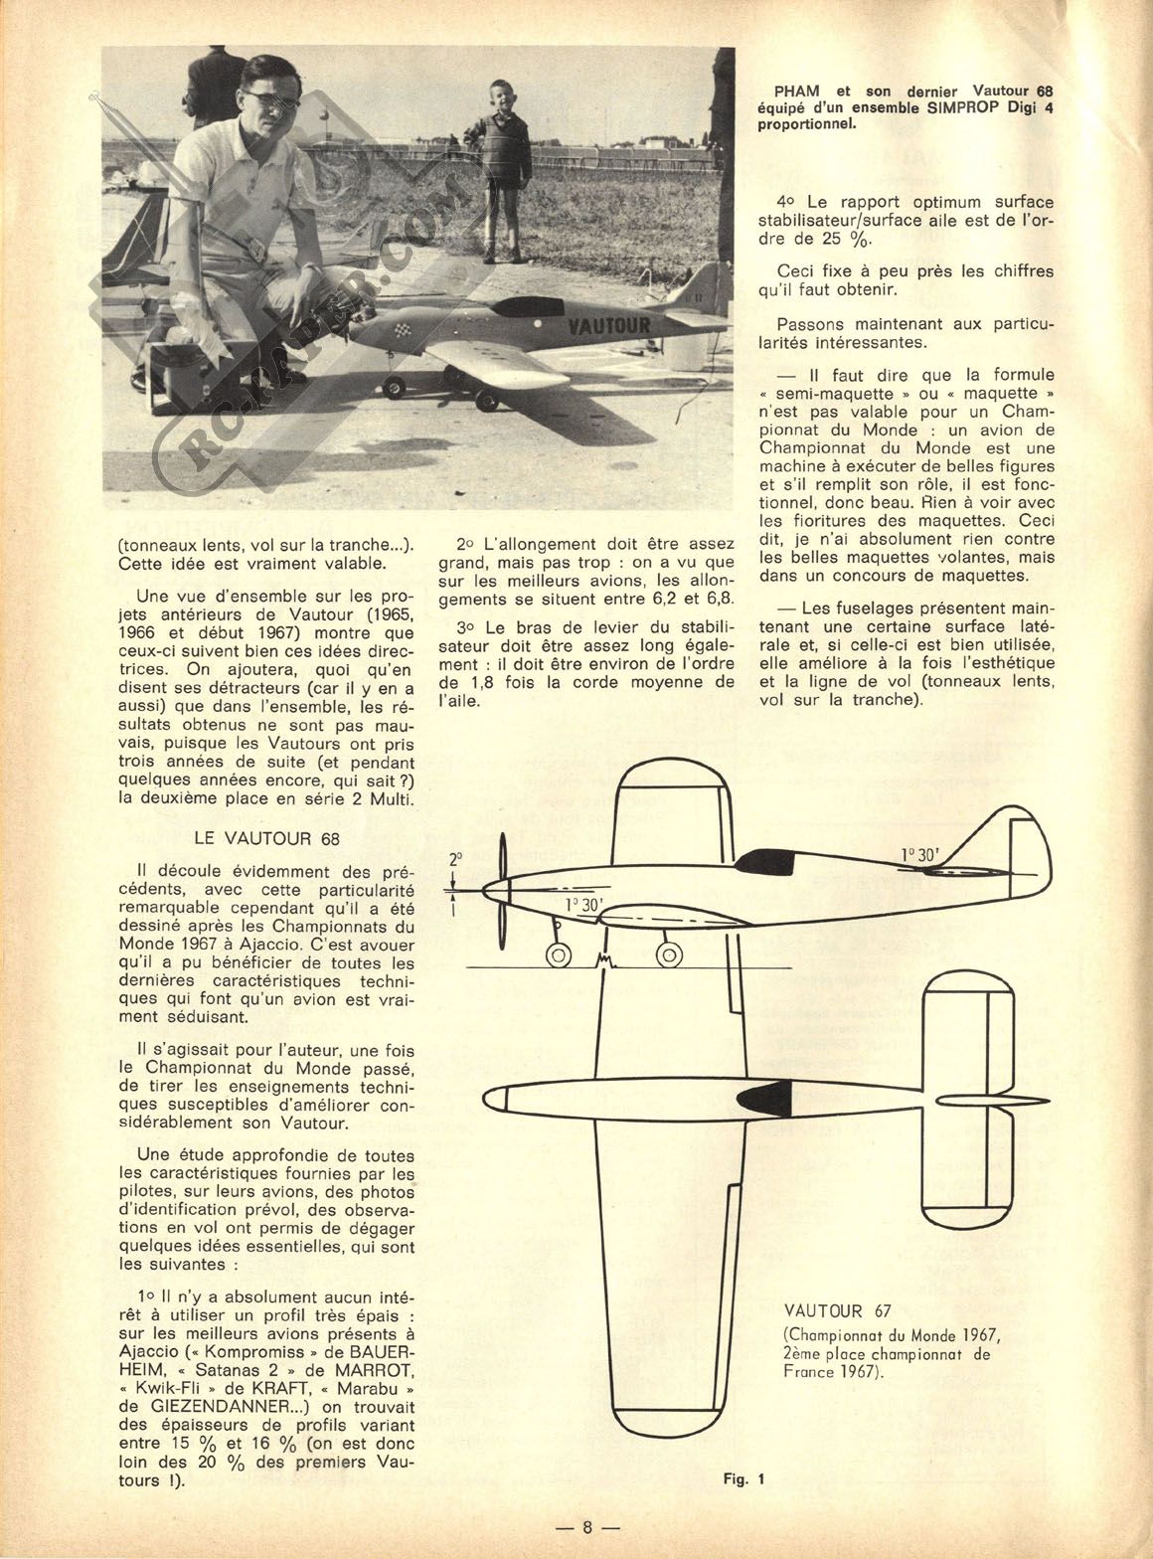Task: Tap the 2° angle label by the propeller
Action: (456, 858)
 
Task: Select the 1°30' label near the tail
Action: (924, 853)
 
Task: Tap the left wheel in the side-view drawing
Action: (559, 954)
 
